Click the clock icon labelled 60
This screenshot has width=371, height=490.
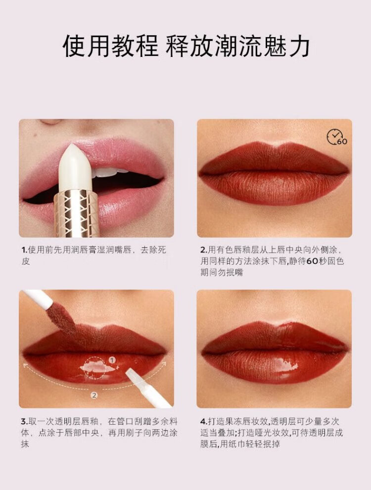point(337,137)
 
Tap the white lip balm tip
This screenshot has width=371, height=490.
point(75,167)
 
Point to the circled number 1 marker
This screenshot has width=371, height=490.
point(112,360)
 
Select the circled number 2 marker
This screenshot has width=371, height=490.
point(94,395)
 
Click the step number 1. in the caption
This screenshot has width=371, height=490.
point(24,250)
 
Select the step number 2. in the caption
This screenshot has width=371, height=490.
point(204,250)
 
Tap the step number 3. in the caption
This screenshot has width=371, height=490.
point(25,422)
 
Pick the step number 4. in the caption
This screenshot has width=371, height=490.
point(204,422)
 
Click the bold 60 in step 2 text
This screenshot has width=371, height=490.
point(312,261)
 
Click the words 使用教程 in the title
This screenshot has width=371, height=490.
point(110,46)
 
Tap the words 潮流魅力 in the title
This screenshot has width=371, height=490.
point(262,46)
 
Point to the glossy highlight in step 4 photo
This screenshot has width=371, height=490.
point(284,365)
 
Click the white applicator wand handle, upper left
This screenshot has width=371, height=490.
point(38,298)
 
